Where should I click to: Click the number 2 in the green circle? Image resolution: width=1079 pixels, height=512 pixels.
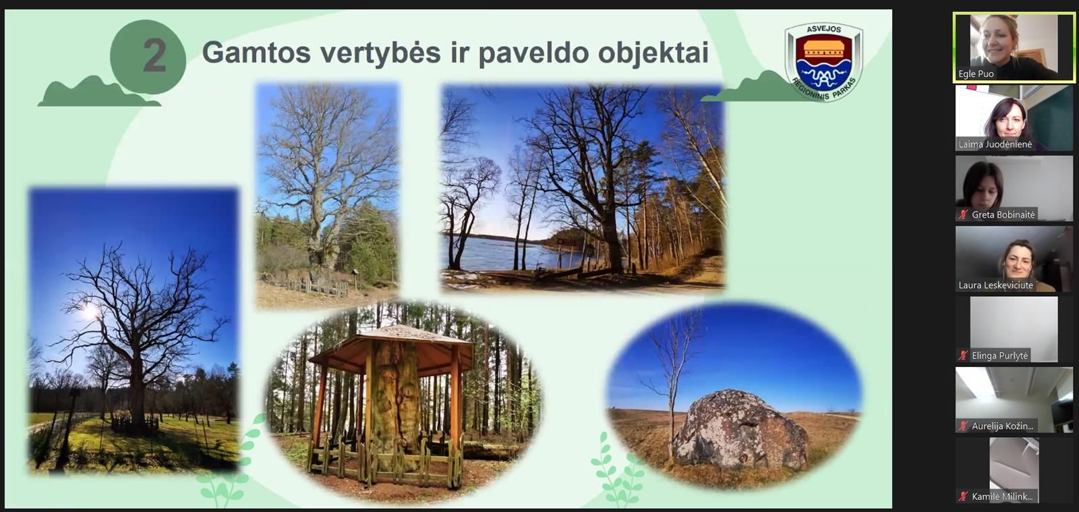pyautogui.click(x=154, y=56)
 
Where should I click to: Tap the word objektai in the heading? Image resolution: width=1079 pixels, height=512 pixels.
pyautogui.click(x=653, y=53)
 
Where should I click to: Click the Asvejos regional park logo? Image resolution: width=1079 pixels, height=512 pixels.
pyautogui.click(x=823, y=61)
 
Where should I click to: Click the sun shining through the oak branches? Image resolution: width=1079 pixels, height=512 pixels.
pyautogui.click(x=88, y=312)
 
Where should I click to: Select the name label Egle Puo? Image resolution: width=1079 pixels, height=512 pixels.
pyautogui.click(x=976, y=74)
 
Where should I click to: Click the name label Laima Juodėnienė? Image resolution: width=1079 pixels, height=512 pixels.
pyautogui.click(x=995, y=144)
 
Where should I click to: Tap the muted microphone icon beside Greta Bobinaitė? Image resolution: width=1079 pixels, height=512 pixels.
pyautogui.click(x=963, y=215)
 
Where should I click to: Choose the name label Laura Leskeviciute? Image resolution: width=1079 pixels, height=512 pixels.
pyautogui.click(x=995, y=285)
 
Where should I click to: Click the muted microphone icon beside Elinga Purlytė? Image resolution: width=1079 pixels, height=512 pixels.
pyautogui.click(x=963, y=355)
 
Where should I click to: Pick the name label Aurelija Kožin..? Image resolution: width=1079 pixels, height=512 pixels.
pyautogui.click(x=1002, y=426)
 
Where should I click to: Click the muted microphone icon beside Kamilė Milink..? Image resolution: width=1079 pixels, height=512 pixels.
pyautogui.click(x=963, y=496)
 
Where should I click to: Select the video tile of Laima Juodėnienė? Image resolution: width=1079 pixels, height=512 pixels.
pyautogui.click(x=1014, y=119)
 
